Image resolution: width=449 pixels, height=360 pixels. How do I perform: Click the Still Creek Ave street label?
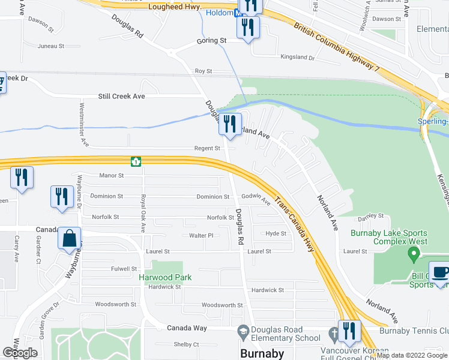[x=122, y=96]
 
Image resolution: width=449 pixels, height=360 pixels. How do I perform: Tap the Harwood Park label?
[x=165, y=277]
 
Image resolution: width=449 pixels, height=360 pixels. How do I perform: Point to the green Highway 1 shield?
[x=136, y=161]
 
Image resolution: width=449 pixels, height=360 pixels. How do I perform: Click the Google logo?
[x=20, y=353]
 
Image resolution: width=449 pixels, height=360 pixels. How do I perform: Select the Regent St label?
[x=207, y=148]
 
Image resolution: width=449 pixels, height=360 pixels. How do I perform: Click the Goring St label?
[x=211, y=41]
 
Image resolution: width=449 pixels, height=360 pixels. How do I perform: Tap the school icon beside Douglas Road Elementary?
[x=243, y=331]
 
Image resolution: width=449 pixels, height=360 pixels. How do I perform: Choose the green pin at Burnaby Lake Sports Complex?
[x=412, y=254]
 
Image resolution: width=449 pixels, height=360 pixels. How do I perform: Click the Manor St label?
[x=112, y=176]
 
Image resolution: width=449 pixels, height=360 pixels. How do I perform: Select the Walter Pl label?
[x=202, y=236]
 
